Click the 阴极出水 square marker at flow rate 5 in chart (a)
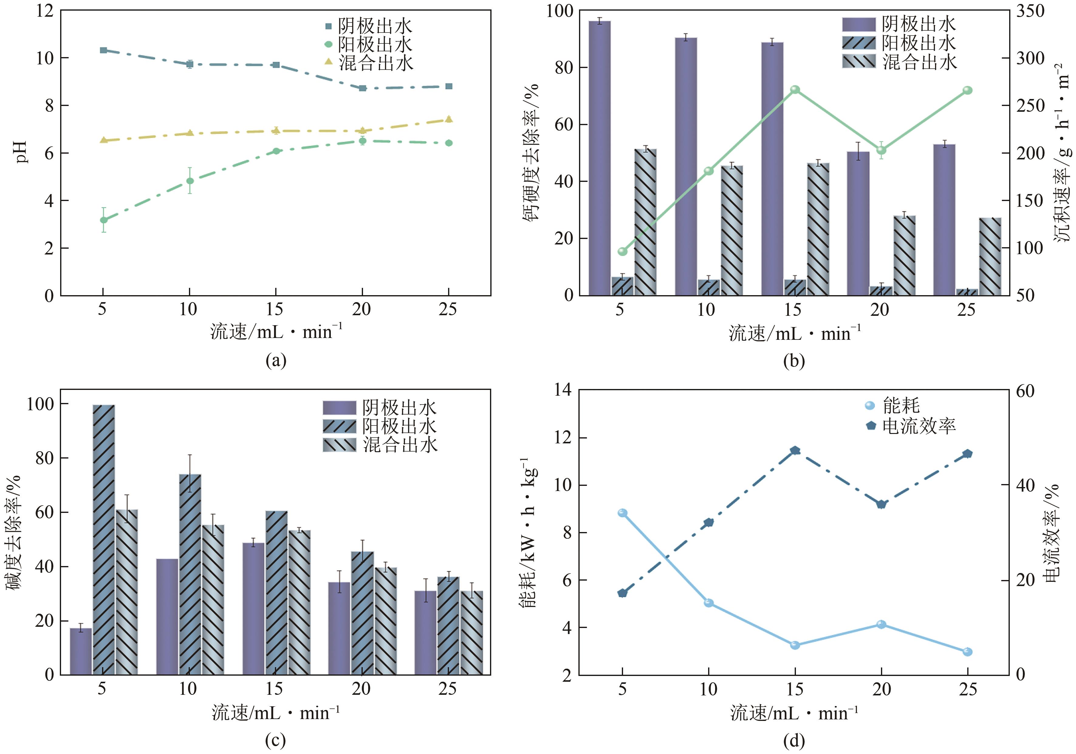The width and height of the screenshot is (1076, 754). [x=104, y=50]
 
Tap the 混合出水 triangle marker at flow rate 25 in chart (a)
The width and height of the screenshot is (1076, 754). [x=448, y=119]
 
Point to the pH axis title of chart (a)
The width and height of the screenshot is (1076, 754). [x=21, y=152]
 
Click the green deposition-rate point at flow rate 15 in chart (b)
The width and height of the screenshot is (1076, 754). [x=795, y=90]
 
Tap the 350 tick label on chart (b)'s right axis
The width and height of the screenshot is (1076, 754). [x=1030, y=11]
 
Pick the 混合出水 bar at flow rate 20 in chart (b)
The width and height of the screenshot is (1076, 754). [x=904, y=255]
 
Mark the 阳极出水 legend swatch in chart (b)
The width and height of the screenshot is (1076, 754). [x=858, y=43]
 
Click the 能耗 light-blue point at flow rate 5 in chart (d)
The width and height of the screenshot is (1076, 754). [x=622, y=513]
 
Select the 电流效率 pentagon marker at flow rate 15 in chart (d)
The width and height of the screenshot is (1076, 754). [x=795, y=451]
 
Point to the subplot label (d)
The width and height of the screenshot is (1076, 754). [x=794, y=740]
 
